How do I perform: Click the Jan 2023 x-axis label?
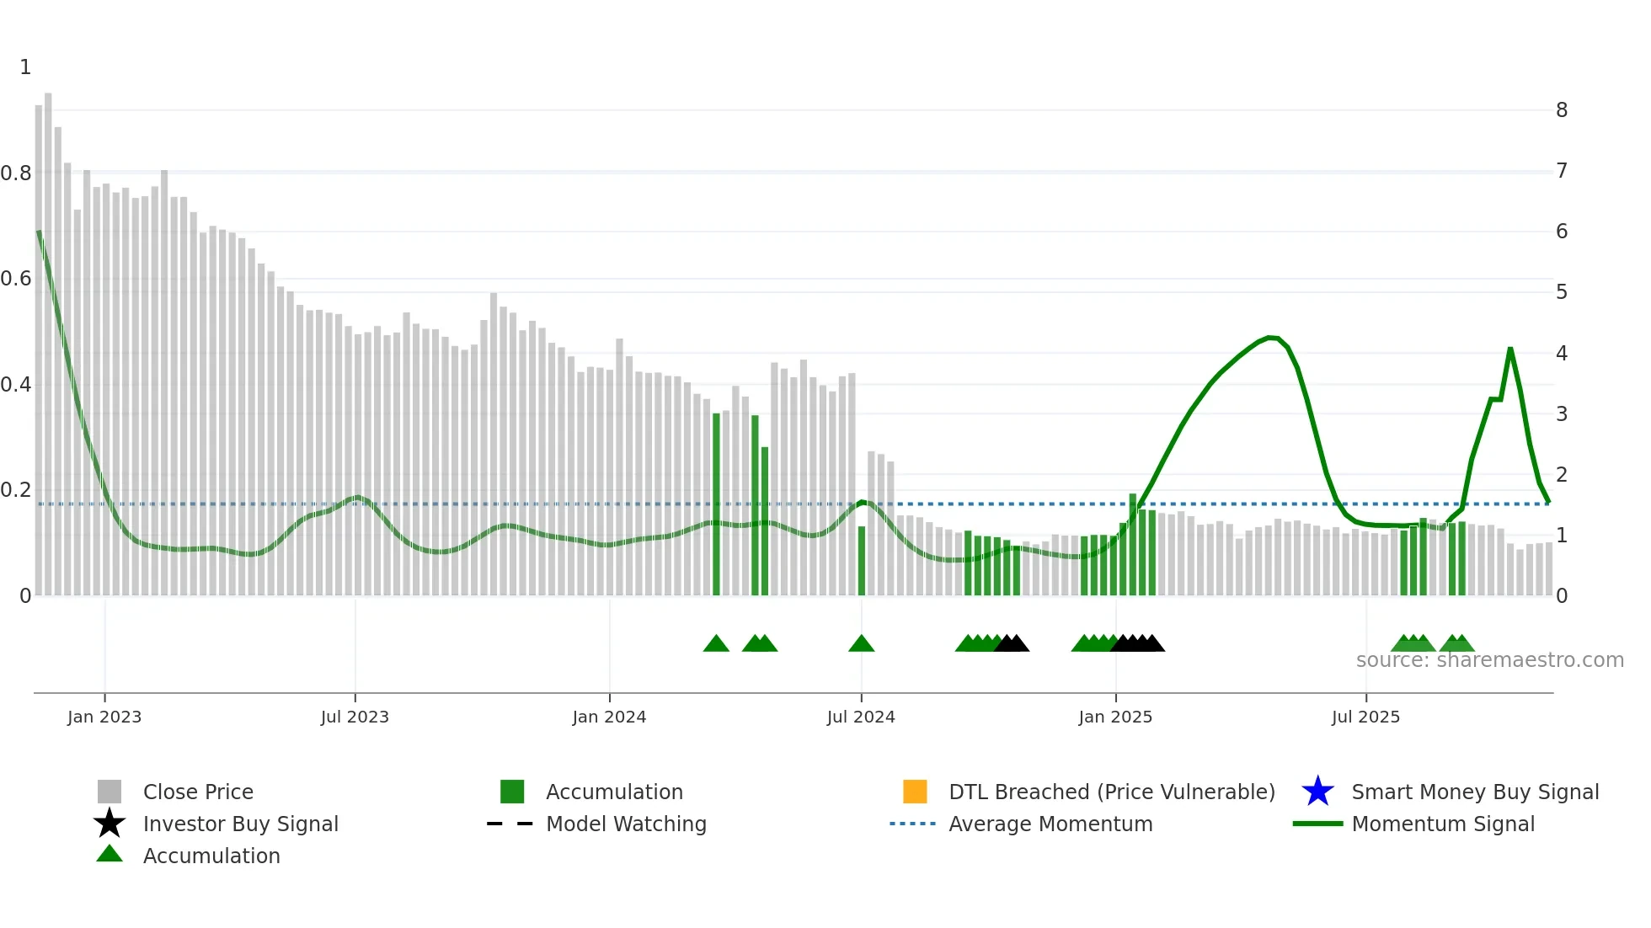pyautogui.click(x=104, y=717)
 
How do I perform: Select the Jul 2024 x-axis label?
pyautogui.click(x=861, y=717)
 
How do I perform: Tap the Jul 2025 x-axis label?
pyautogui.click(x=1365, y=717)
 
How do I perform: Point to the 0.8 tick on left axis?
pyautogui.click(x=16, y=173)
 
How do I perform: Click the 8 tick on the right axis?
pyautogui.click(x=1562, y=110)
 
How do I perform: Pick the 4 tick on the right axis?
pyautogui.click(x=1562, y=354)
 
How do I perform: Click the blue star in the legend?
pyautogui.click(x=1317, y=792)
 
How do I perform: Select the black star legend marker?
pyautogui.click(x=110, y=824)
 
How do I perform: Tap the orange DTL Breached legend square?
pyautogui.click(x=915, y=792)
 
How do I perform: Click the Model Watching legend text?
pyautogui.click(x=626, y=824)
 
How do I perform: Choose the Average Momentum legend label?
pyautogui.click(x=1050, y=824)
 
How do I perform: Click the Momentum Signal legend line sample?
pyautogui.click(x=1317, y=824)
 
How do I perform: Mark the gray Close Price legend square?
pyautogui.click(x=110, y=792)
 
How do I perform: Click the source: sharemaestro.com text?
pyautogui.click(x=1489, y=660)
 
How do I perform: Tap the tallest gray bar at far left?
pyautogui.click(x=48, y=337)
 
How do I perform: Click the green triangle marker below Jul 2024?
pyautogui.click(x=861, y=644)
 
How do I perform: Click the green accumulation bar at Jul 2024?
pyautogui.click(x=862, y=560)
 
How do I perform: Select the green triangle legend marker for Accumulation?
pyautogui.click(x=110, y=854)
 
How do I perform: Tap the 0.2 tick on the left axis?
pyautogui.click(x=16, y=490)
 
